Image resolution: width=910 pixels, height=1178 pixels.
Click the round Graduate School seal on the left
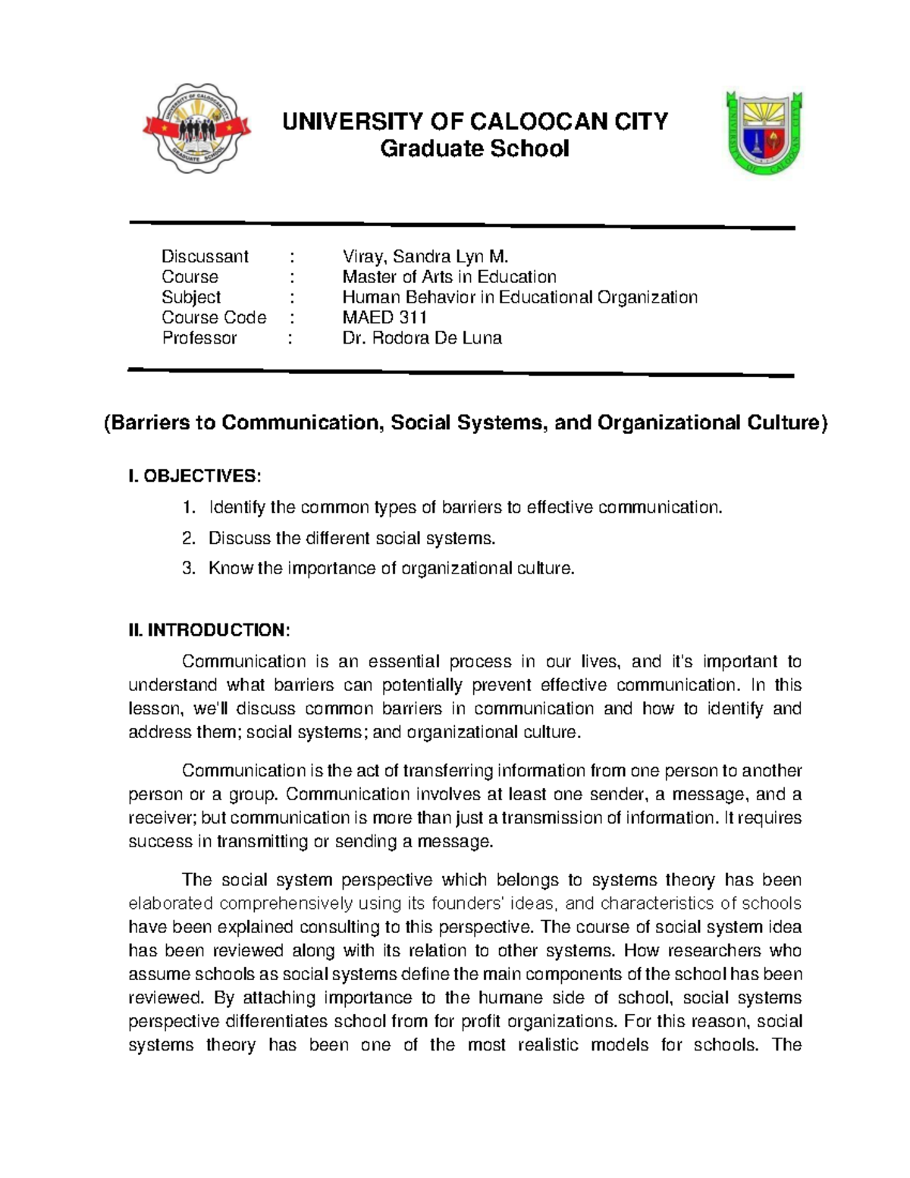pos(196,128)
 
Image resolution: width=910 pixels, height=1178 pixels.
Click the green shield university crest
pos(764,134)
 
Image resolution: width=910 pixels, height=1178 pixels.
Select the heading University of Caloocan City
pos(475,121)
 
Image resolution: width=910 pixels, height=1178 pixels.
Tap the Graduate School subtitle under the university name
pos(474,149)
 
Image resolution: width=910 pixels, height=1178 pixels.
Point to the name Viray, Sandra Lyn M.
pos(425,256)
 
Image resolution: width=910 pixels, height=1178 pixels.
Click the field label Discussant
pos(205,256)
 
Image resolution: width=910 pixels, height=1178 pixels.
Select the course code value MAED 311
pos(384,318)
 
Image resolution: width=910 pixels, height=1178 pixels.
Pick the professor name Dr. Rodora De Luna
pos(422,338)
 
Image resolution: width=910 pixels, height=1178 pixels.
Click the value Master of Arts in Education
pos(449,277)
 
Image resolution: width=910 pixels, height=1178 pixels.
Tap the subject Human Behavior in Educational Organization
pos(519,297)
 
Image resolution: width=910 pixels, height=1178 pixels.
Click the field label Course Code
pos(214,318)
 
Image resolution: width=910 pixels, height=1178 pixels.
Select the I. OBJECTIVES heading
pos(195,476)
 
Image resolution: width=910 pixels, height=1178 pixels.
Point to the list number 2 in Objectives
pos(189,539)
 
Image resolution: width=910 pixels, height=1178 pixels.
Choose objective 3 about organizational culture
pos(391,569)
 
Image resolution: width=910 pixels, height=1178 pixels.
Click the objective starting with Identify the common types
pos(466,507)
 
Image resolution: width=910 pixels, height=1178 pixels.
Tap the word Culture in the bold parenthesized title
pos(784,423)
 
